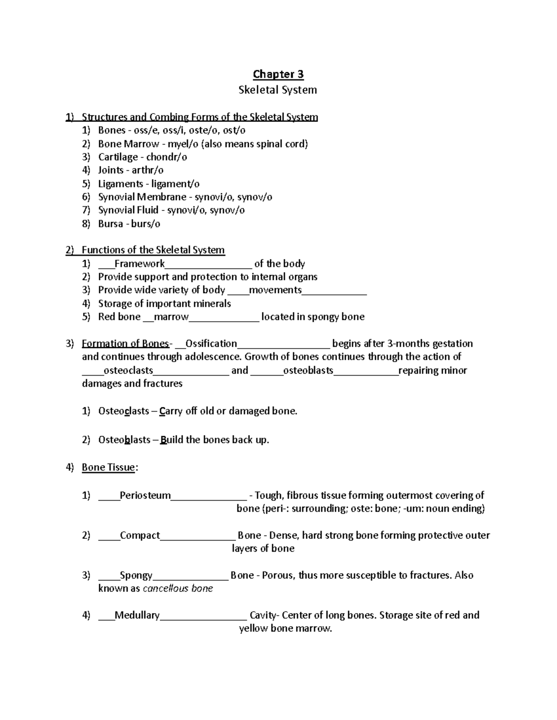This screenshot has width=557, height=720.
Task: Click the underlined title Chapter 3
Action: [x=278, y=74]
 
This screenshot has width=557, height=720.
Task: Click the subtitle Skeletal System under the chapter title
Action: [x=278, y=90]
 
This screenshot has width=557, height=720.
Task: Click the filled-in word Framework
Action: [x=139, y=264]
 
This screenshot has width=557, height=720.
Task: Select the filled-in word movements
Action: [x=275, y=290]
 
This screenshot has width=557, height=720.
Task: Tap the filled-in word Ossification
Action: [x=211, y=344]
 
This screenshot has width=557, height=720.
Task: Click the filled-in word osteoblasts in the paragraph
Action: [x=308, y=370]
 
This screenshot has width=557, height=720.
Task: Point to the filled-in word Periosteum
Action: [x=145, y=496]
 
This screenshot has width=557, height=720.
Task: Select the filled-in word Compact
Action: [x=140, y=535]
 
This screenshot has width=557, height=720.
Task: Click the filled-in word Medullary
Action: [x=137, y=615]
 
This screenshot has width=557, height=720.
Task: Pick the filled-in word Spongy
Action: [x=136, y=575]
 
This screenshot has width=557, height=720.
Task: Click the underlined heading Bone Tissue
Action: [x=108, y=467]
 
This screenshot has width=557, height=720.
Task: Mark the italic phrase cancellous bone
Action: [x=178, y=589]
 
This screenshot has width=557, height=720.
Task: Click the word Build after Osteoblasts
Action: [x=172, y=440]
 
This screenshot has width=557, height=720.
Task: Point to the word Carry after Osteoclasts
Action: [x=171, y=411]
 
